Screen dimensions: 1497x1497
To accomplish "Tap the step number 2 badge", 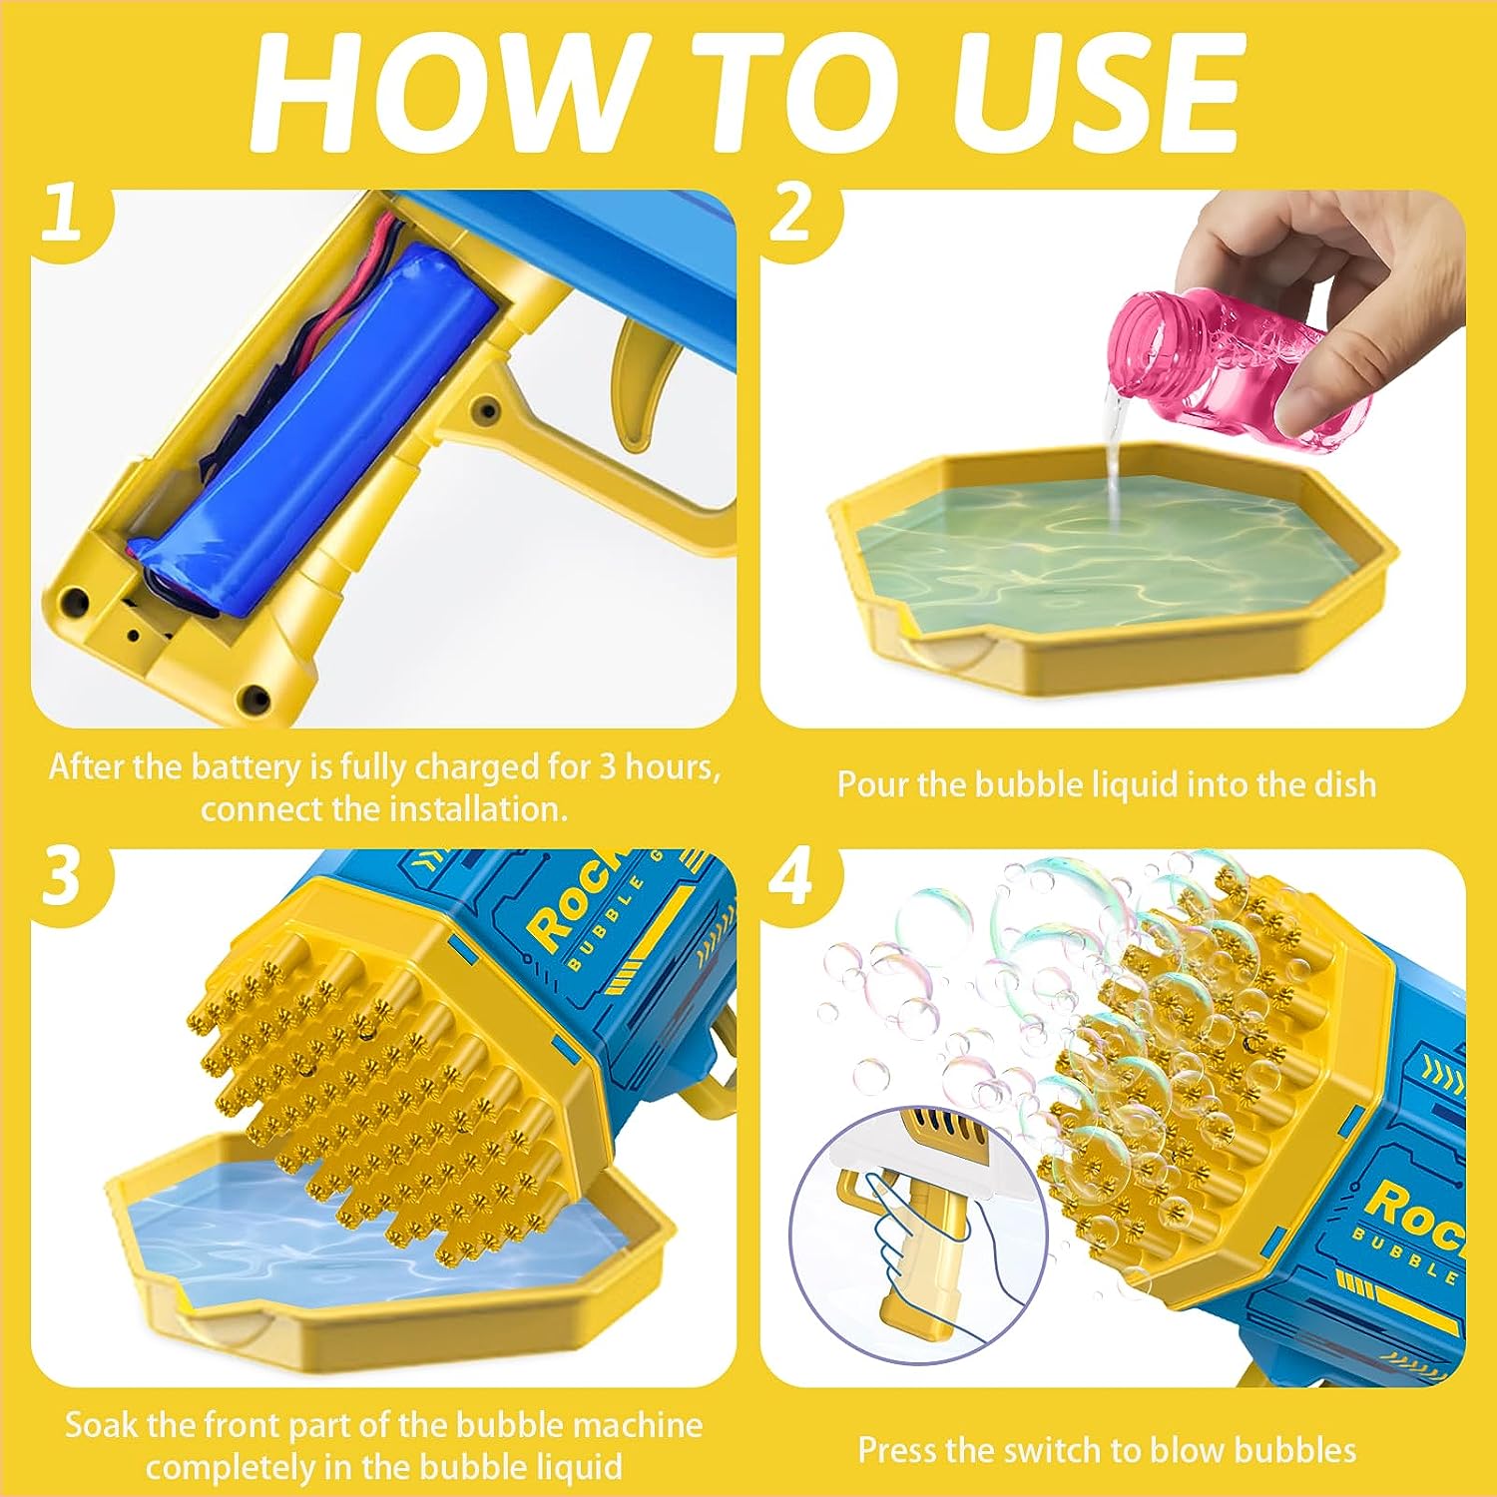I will pyautogui.click(x=791, y=214).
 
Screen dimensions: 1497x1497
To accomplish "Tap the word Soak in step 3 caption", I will pyautogui.click(x=101, y=1424).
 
